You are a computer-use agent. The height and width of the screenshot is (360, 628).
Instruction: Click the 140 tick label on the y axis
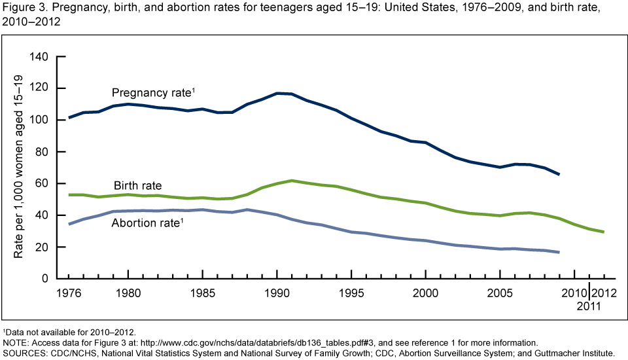click(39, 57)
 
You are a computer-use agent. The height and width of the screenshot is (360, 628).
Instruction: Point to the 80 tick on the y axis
click(42, 152)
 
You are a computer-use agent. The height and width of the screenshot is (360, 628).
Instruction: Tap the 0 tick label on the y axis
click(44, 279)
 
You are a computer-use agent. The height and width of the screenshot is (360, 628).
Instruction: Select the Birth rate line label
click(137, 186)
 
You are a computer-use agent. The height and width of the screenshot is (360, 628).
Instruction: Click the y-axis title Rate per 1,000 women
click(18, 166)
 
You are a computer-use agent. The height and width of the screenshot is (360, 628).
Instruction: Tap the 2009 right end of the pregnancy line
click(559, 174)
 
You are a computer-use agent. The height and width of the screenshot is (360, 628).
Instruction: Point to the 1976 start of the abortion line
click(69, 225)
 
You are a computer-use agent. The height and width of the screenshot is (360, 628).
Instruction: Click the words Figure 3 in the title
click(23, 7)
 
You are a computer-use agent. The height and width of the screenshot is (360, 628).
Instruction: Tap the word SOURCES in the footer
click(24, 353)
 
